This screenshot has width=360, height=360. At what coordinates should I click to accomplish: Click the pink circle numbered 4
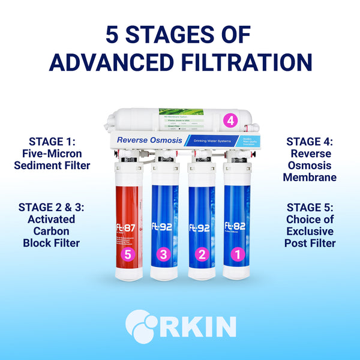click(230, 120)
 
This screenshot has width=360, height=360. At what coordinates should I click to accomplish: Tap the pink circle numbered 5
click(127, 254)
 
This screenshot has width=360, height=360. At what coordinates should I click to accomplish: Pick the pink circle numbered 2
click(202, 254)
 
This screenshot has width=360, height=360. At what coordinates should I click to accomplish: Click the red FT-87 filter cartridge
click(127, 222)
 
